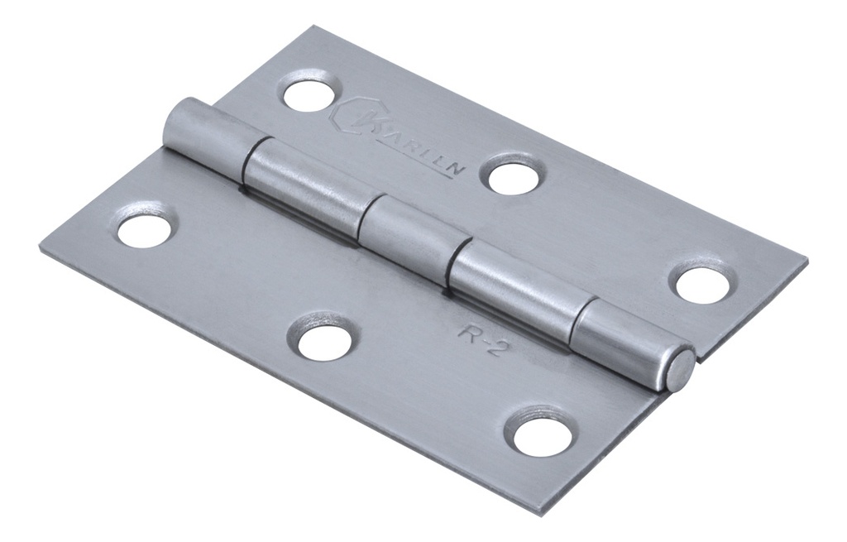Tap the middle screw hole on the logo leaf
click(513, 177)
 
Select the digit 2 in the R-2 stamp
click(494, 346)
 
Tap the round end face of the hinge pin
click(680, 370)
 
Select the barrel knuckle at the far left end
click(203, 132)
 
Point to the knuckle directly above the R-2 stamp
click(513, 285)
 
